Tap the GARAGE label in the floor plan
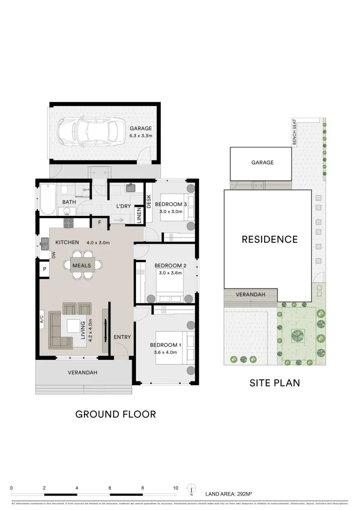coord(141,128)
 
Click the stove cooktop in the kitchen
coord(68,223)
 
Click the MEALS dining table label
coord(82,266)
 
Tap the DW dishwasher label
coord(54,255)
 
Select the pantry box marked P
coord(45,269)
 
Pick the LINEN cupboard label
coord(139,215)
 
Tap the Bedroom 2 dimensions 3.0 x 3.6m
coord(171,272)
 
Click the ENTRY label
coord(122,337)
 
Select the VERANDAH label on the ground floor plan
coord(83,373)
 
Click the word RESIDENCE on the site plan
coord(269,239)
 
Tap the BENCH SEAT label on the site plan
coord(294,132)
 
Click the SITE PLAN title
coord(274,382)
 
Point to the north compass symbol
coord(192,488)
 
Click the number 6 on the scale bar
coord(109,488)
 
